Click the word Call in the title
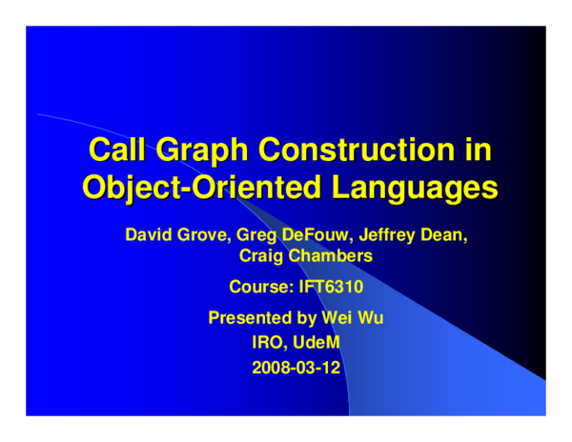117,150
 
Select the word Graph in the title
203,150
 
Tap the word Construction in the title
359,150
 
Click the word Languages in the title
416,186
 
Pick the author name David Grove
167,233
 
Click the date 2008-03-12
296,367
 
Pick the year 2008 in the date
270,367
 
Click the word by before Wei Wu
305,318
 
